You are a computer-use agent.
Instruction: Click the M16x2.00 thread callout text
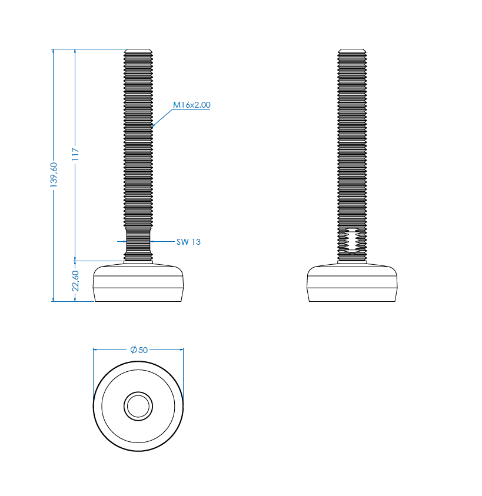(x=191, y=105)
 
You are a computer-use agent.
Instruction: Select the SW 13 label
(x=188, y=241)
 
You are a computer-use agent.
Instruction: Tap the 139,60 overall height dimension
(x=54, y=175)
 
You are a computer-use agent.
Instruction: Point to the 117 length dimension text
(x=75, y=154)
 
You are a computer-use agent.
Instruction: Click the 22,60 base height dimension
(x=75, y=281)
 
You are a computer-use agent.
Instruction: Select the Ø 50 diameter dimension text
(x=139, y=349)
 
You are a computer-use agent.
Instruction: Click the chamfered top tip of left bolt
(x=138, y=51)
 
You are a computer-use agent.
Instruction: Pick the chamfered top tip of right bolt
(x=352, y=51)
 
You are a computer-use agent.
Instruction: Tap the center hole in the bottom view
(x=138, y=407)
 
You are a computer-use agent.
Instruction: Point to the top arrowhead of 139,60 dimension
(x=54, y=52)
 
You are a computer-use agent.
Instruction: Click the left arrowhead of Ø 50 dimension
(x=96, y=349)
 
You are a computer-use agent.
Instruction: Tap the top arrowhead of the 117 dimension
(x=75, y=52)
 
